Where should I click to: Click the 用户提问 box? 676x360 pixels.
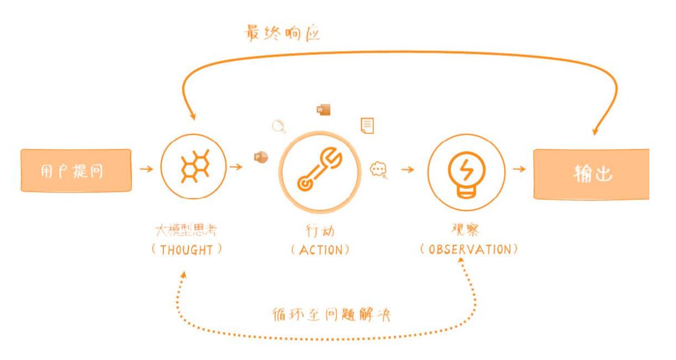click(76, 171)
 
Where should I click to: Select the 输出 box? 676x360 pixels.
click(591, 174)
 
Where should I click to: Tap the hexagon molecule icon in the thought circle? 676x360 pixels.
click(193, 166)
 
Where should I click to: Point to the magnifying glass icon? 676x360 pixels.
click(279, 127)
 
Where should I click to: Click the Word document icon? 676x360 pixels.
click(323, 110)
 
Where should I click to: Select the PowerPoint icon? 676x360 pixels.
click(260, 157)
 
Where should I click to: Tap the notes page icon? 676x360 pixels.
click(367, 126)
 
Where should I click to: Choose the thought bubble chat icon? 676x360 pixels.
click(379, 169)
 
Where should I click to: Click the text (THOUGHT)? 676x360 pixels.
click(187, 250)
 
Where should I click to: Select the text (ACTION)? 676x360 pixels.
click(321, 250)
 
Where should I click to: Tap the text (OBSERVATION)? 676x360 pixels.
click(469, 249)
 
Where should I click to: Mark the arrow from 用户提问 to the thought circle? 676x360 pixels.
click(147, 168)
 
